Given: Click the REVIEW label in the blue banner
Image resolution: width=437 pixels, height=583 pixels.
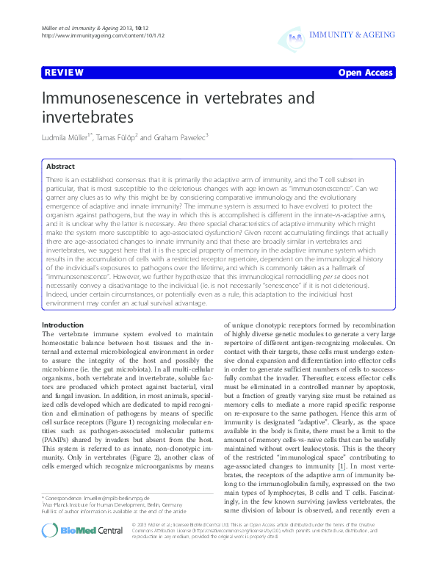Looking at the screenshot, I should coord(62,73).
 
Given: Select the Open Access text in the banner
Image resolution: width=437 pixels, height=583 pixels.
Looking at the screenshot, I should coord(366,73).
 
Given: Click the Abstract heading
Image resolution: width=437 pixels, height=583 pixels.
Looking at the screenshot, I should coord(59,167).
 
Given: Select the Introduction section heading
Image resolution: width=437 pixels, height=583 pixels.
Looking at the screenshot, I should coord(62,325).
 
